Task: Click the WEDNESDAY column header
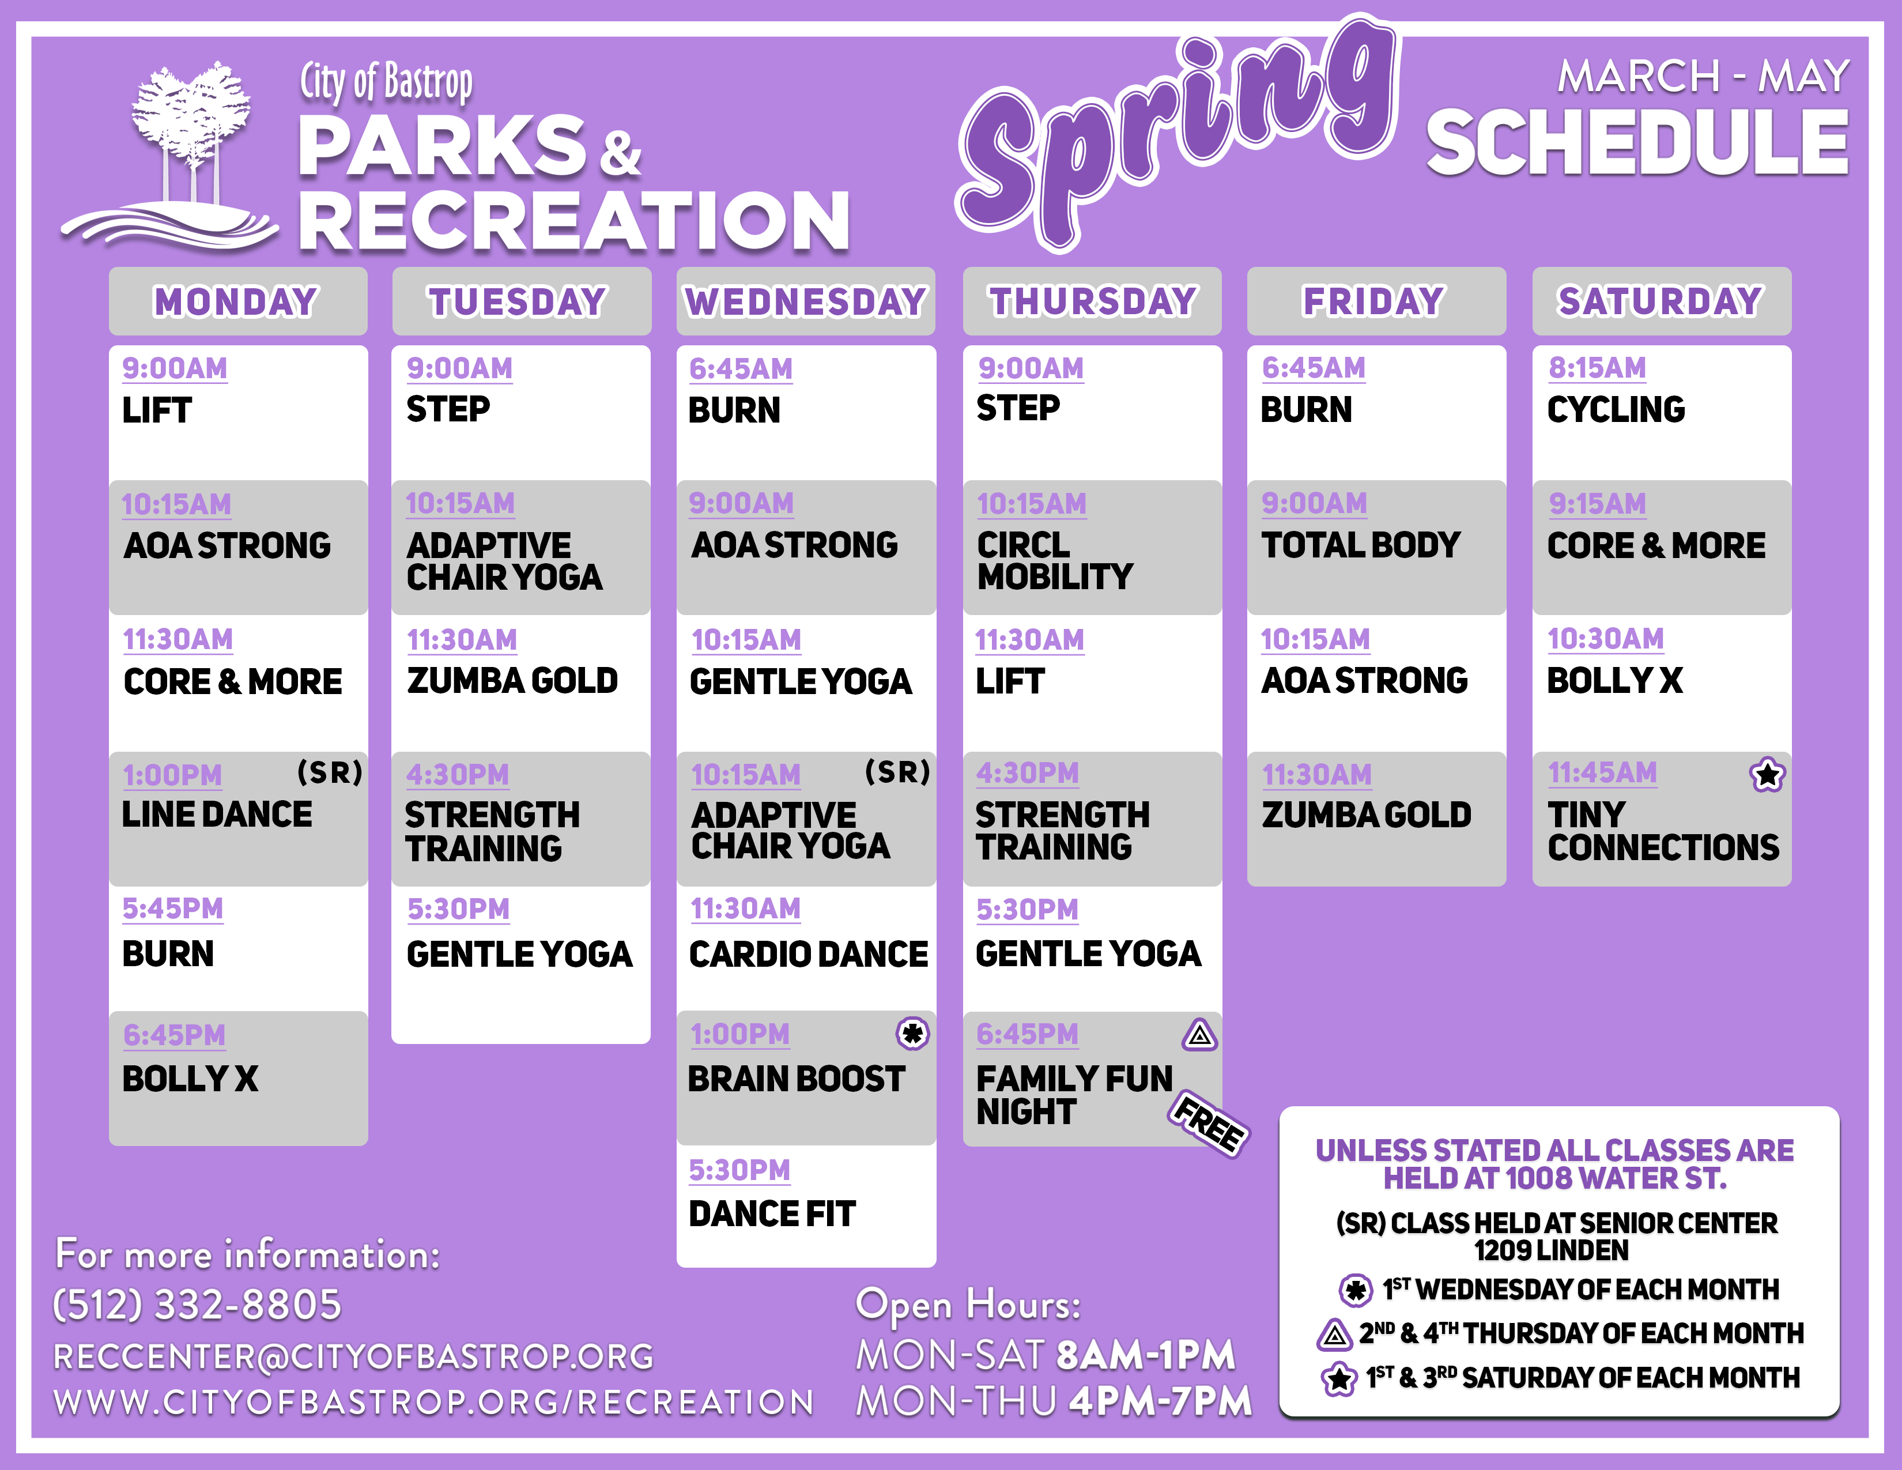click(806, 301)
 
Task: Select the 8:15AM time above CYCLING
click(1597, 368)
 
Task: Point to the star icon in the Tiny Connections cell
click(1767, 774)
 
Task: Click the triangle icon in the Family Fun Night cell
click(1199, 1035)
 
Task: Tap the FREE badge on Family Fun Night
click(1209, 1124)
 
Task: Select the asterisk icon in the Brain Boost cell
click(913, 1034)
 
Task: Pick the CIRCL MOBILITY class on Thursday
click(1055, 561)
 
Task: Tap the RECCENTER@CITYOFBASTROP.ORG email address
click(353, 1356)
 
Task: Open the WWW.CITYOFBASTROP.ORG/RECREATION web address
click(433, 1402)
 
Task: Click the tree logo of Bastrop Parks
click(170, 157)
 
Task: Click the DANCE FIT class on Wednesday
click(772, 1214)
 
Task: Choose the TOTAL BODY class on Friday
click(1360, 545)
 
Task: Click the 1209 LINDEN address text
click(1551, 1250)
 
